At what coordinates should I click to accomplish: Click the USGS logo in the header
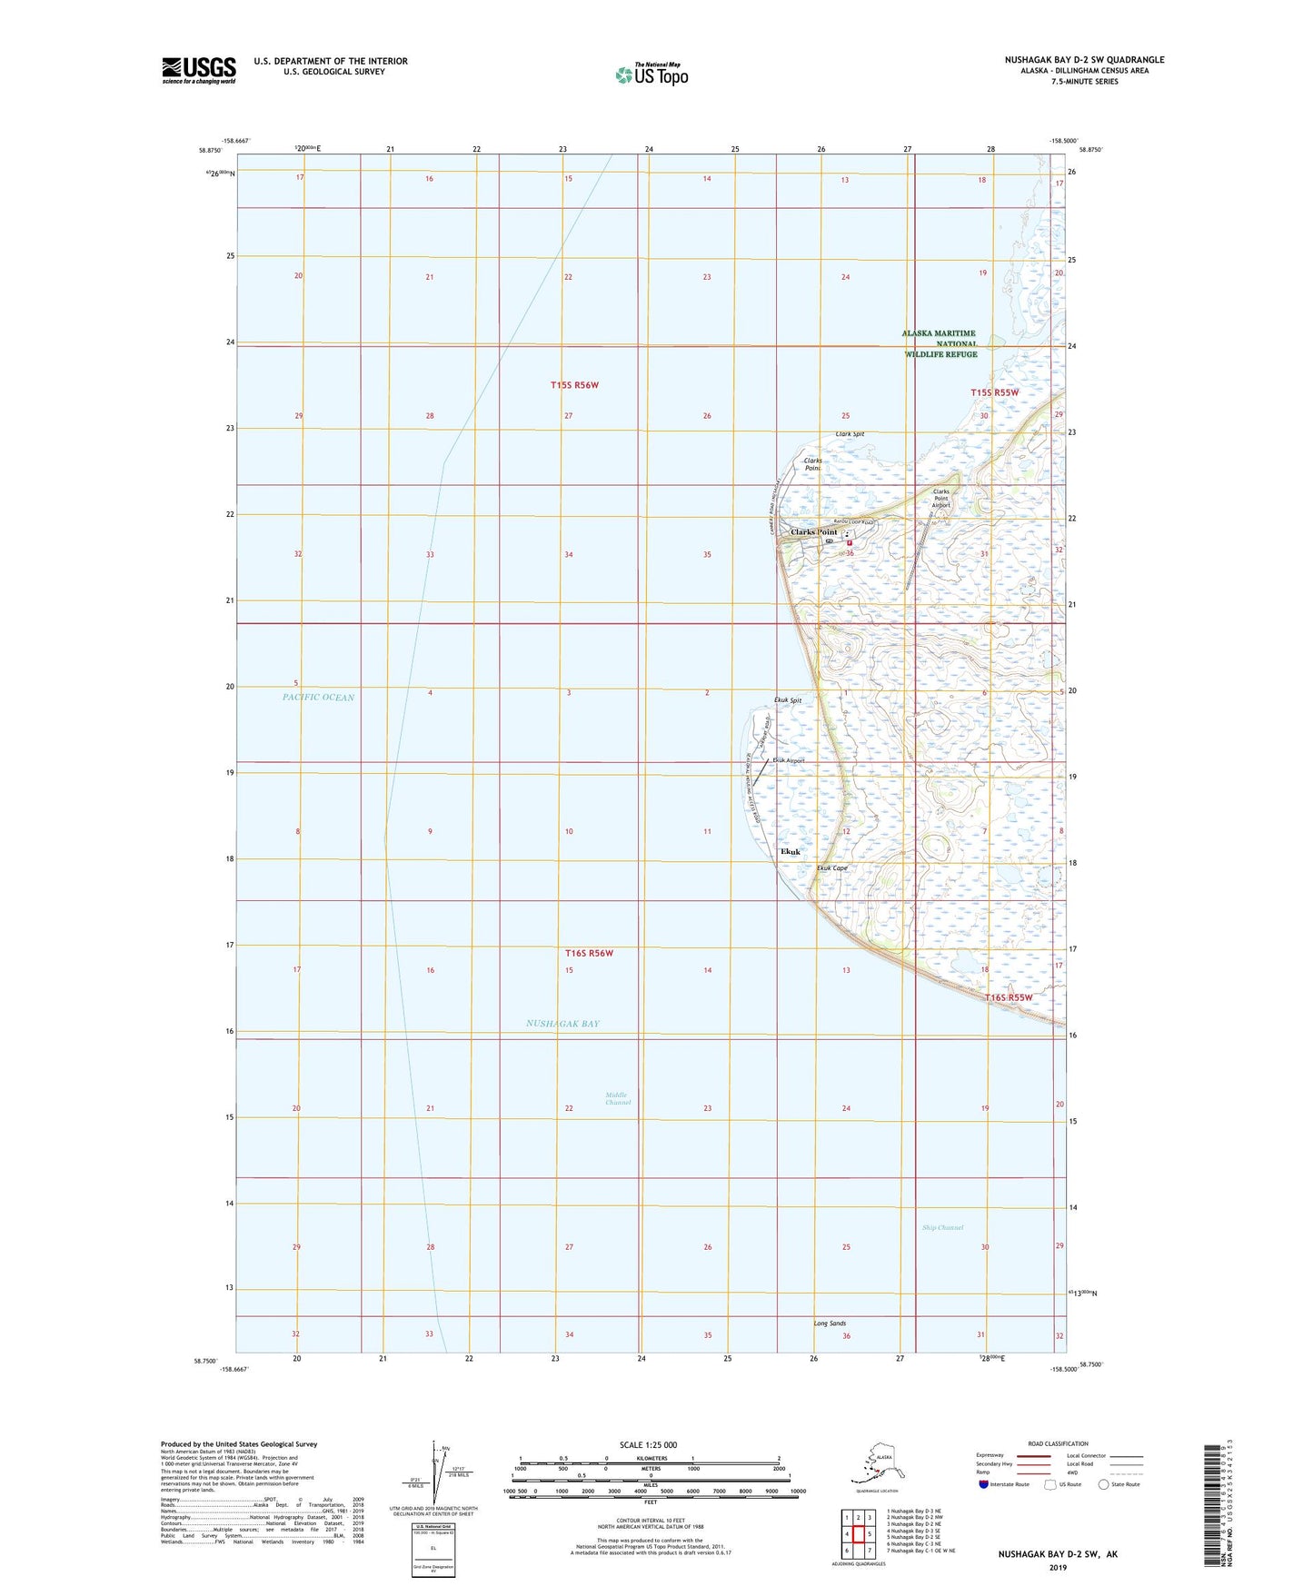pos(198,70)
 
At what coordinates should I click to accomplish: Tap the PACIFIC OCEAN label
pos(318,698)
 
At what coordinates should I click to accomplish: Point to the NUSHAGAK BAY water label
pos(562,1024)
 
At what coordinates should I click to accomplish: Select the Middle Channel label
pos(618,1098)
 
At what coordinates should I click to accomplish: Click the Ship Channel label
pos(942,1227)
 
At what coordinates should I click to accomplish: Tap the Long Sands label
pos(830,1323)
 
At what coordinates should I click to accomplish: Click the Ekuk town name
pos(791,852)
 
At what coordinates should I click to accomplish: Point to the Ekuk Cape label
pos(832,868)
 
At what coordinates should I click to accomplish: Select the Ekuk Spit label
pos(787,700)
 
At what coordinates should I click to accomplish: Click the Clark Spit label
pos(850,434)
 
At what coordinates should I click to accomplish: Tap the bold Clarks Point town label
pos(813,532)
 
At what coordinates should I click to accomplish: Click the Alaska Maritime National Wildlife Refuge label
pos(940,343)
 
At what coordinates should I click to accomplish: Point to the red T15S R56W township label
pos(574,385)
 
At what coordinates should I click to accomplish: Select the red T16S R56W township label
pos(589,953)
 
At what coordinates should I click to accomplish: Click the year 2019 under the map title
pos(1057,1567)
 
